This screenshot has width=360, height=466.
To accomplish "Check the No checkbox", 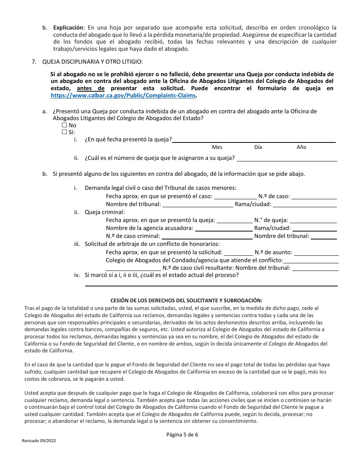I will (x=64, y=125).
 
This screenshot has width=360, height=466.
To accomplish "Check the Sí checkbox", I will (x=64, y=132).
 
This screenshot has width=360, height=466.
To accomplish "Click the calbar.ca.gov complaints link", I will (x=124, y=96).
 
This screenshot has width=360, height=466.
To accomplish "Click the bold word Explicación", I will (x=68, y=28).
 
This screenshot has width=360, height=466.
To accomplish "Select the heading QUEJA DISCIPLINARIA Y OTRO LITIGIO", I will (x=92, y=62).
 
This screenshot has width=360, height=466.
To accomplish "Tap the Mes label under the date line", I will (x=217, y=147).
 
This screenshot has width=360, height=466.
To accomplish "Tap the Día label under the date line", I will (x=258, y=147).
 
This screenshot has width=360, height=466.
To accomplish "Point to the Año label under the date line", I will (x=301, y=147).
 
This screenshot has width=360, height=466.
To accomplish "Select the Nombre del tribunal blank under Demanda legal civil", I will (x=198, y=205).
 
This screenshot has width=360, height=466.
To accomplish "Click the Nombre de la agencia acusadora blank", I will (x=224, y=228).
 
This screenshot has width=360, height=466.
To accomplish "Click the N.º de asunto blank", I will (x=316, y=253).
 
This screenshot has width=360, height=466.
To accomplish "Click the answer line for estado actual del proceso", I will (x=211, y=283).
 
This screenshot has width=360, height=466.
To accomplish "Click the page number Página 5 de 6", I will (x=182, y=435).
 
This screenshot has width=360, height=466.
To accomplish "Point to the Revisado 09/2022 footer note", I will (x=39, y=441).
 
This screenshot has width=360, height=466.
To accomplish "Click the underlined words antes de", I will (x=91, y=88).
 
